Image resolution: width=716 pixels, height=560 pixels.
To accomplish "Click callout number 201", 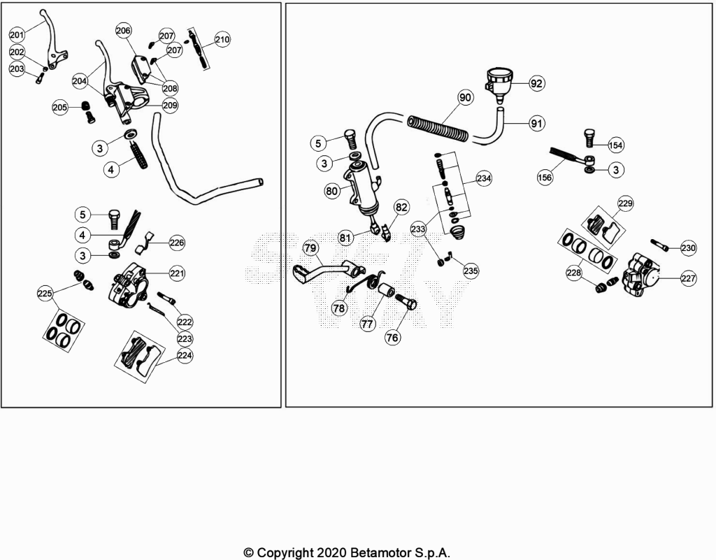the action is [x=17, y=35].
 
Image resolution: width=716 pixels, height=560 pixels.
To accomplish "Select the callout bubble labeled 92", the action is [x=536, y=83].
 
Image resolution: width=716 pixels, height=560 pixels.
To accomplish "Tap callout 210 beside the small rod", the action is [x=222, y=39].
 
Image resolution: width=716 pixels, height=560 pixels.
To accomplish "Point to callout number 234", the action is [x=484, y=178].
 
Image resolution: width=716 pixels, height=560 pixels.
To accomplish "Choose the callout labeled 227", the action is [x=688, y=278].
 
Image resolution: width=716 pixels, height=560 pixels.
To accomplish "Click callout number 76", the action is [x=392, y=337].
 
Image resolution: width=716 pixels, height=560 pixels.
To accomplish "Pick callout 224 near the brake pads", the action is [x=185, y=356].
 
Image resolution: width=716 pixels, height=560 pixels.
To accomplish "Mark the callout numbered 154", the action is [x=615, y=145].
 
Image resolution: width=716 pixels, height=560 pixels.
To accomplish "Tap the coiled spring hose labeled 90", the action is [x=438, y=128].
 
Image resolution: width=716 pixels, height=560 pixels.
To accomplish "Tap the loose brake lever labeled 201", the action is [x=53, y=41].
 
